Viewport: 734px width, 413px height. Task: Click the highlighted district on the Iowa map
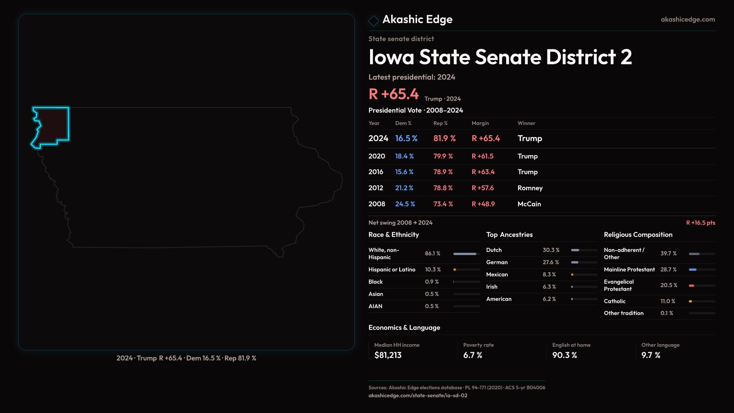click(54, 125)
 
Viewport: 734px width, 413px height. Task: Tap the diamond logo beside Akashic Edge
click(373, 20)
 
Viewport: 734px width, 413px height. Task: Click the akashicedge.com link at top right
click(688, 20)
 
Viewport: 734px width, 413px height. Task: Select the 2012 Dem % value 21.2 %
click(404, 188)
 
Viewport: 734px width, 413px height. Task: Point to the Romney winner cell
click(530, 188)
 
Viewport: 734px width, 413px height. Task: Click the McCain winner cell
click(529, 204)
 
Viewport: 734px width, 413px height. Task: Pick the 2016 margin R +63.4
click(483, 172)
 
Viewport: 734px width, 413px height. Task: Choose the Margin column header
click(480, 123)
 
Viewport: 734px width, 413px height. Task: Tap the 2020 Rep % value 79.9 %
click(443, 156)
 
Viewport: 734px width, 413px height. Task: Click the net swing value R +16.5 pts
click(700, 223)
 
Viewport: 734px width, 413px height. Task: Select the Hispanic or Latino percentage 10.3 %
click(433, 270)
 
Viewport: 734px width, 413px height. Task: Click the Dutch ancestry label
click(494, 250)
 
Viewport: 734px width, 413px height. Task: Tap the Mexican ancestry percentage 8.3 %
click(549, 275)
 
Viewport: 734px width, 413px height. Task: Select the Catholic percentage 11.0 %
click(667, 301)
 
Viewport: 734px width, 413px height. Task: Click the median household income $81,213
click(388, 355)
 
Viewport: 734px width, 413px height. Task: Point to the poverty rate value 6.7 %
click(473, 355)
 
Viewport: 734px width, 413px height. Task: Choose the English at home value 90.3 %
click(564, 355)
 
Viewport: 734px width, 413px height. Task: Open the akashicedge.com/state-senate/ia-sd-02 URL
click(418, 396)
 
